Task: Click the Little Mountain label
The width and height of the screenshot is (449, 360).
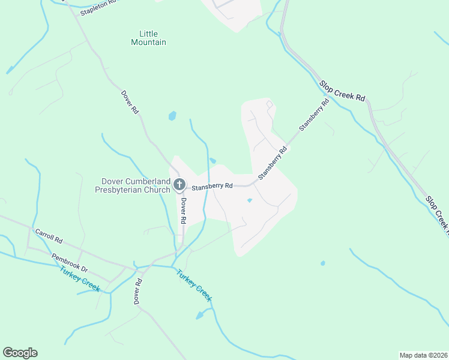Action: pyautogui.click(x=148, y=38)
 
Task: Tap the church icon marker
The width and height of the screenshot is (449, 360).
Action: pyautogui.click(x=179, y=185)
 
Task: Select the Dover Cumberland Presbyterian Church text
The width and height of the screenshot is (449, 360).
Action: pyautogui.click(x=136, y=185)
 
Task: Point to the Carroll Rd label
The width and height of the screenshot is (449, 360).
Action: pyautogui.click(x=49, y=235)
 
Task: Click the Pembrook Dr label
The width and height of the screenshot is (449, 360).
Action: pyautogui.click(x=70, y=262)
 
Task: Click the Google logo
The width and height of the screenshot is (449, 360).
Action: pyautogui.click(x=20, y=353)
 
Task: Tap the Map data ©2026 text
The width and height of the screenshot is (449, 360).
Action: pyautogui.click(x=423, y=355)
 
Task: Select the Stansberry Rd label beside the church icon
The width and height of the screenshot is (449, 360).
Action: pyautogui.click(x=212, y=186)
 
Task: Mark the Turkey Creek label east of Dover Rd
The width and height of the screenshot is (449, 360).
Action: pyautogui.click(x=194, y=286)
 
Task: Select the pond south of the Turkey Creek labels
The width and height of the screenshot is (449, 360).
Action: pyautogui.click(x=200, y=314)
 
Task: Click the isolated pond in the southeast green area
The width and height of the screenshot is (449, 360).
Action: pyautogui.click(x=323, y=263)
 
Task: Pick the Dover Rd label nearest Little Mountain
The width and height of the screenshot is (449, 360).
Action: pyautogui.click(x=130, y=103)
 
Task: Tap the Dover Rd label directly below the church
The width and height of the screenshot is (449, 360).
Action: pyautogui.click(x=182, y=212)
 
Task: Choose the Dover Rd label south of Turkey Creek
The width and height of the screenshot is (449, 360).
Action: pyautogui.click(x=138, y=291)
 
